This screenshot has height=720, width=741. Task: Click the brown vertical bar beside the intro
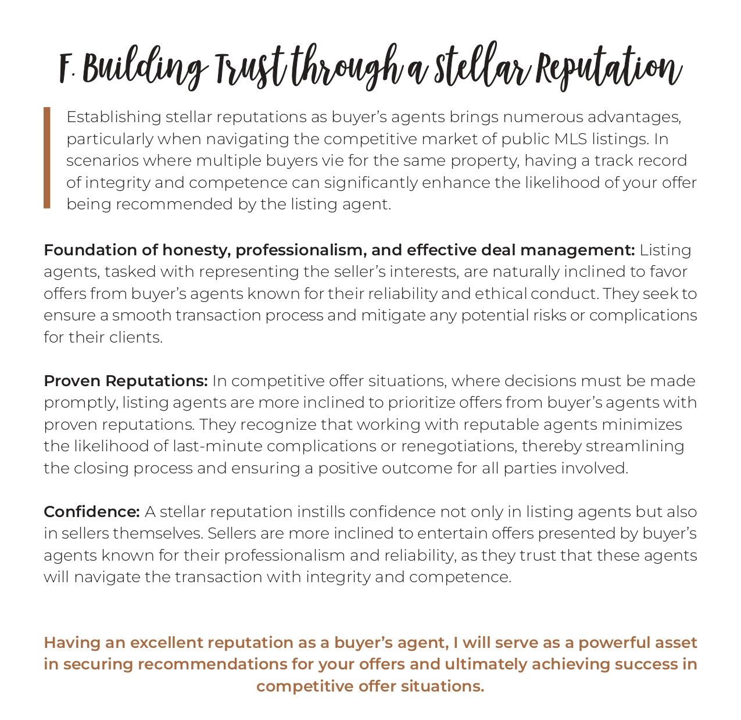(x=47, y=157)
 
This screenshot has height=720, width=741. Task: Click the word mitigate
(x=393, y=315)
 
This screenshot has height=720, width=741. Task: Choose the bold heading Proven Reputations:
(x=126, y=381)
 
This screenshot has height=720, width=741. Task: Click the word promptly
(x=80, y=403)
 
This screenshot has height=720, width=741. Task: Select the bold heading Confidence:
(x=92, y=512)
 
